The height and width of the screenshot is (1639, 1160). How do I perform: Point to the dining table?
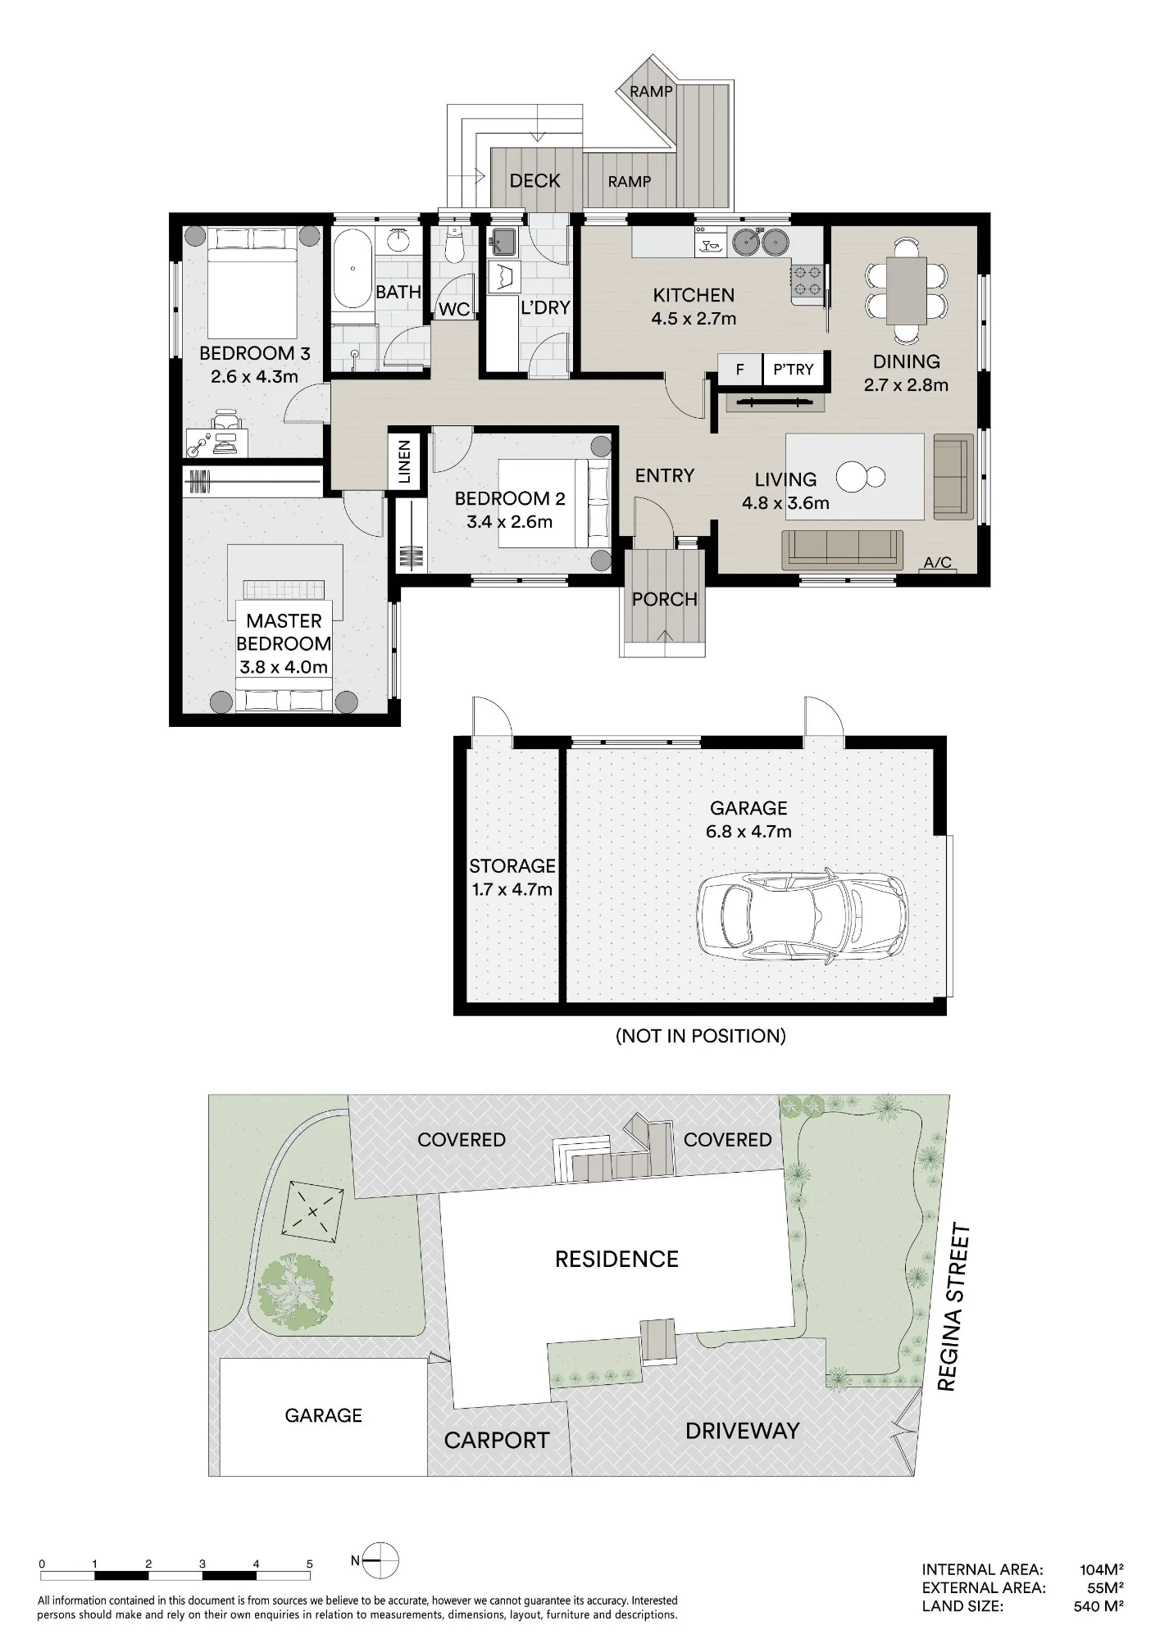(x=906, y=290)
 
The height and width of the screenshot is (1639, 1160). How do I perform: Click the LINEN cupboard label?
(x=403, y=461)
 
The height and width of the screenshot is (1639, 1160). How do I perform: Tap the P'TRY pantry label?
(x=793, y=370)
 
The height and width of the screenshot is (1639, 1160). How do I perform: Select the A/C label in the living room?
(x=937, y=563)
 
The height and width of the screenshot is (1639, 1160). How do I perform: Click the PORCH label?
(x=665, y=599)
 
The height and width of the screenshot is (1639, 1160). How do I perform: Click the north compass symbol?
(x=380, y=1560)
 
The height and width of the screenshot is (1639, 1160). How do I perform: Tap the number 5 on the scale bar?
(x=310, y=1564)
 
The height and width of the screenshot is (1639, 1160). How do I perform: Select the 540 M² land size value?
(x=1099, y=1606)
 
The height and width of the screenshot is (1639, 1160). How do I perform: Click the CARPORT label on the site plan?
(x=497, y=1441)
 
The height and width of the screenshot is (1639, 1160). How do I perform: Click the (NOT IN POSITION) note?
(x=701, y=1036)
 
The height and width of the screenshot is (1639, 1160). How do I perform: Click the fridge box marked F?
(x=739, y=370)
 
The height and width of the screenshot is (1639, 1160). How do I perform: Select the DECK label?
(x=535, y=181)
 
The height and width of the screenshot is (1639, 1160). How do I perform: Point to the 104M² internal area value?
(x=1101, y=1569)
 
